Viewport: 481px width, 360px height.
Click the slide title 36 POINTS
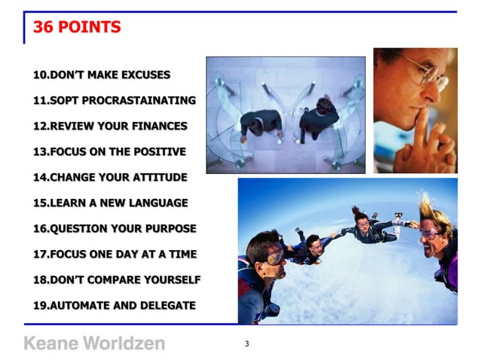coord(77,28)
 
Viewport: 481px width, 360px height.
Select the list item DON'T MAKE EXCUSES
coord(102,75)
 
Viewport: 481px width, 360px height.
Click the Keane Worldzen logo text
coord(94,343)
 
